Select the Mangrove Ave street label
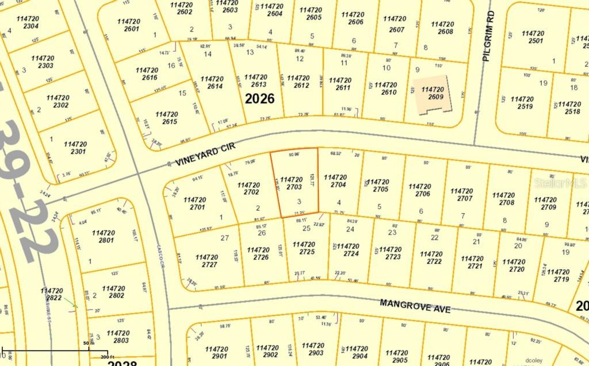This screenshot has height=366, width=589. point(415,305)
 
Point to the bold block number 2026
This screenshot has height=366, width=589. point(259,98)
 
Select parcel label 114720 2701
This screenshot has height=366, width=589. point(194,203)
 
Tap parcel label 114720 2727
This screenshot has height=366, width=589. point(206,261)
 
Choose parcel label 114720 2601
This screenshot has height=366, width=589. point(128,25)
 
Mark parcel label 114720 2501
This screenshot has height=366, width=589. point(533,37)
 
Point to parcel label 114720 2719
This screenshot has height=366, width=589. point(558,275)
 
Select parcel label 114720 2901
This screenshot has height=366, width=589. point(216,352)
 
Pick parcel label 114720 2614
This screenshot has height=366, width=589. point(212,83)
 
